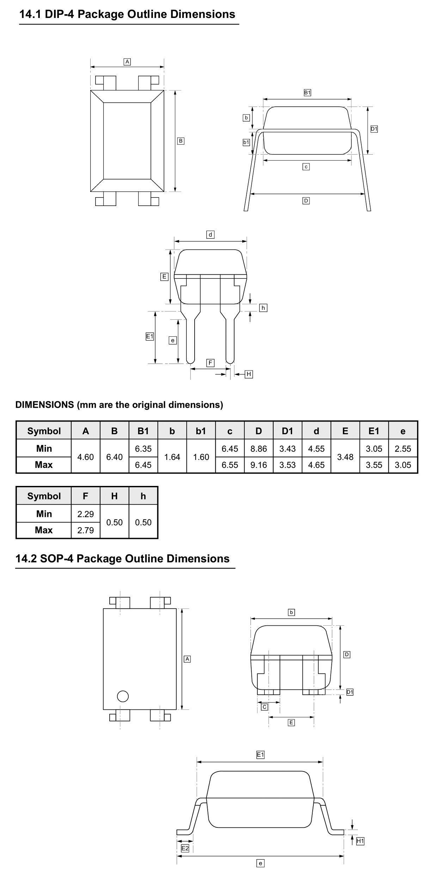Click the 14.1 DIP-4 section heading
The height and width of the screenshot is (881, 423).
pyautogui.click(x=127, y=14)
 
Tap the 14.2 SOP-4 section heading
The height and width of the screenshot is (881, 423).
pyautogui.click(x=122, y=558)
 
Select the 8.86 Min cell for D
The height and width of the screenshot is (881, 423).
pyautogui.click(x=259, y=449)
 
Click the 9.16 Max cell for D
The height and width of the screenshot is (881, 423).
pyautogui.click(x=259, y=465)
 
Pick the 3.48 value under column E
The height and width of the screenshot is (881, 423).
pyautogui.click(x=345, y=457)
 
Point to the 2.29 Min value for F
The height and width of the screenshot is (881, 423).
pyautogui.click(x=86, y=514)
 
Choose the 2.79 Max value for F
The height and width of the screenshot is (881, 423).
pyautogui.click(x=86, y=530)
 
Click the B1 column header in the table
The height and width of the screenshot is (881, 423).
pyautogui.click(x=143, y=431)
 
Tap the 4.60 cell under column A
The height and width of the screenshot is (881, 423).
pyautogui.click(x=86, y=457)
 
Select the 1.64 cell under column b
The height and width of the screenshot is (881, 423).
pyautogui.click(x=172, y=457)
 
